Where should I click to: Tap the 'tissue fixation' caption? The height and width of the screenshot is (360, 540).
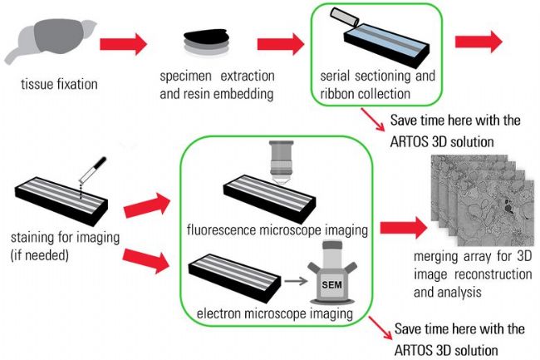(60, 83)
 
